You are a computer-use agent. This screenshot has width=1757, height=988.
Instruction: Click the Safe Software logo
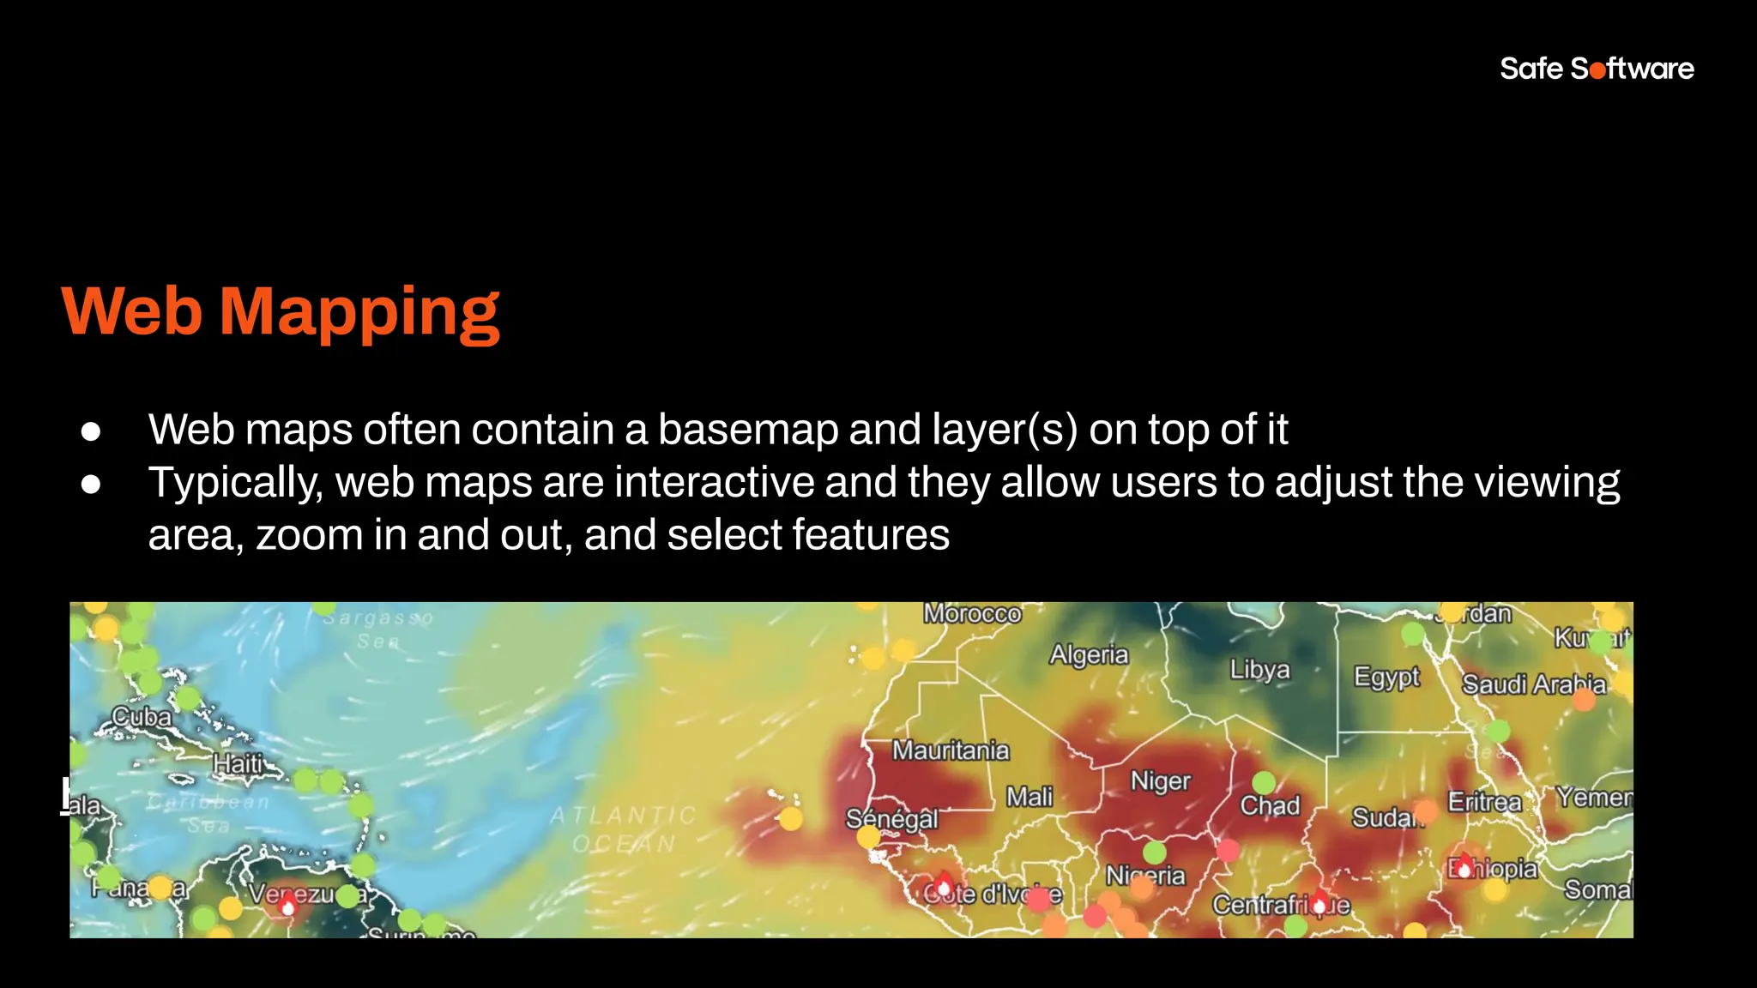(x=1597, y=69)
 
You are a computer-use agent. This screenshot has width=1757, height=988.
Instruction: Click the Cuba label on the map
(x=142, y=716)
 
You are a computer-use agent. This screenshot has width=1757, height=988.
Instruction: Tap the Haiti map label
(x=238, y=762)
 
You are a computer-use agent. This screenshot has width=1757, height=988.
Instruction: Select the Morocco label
(x=972, y=614)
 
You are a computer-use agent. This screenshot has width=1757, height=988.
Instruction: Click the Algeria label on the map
(x=1089, y=655)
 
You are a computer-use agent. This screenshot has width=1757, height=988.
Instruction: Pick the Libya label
(x=1259, y=669)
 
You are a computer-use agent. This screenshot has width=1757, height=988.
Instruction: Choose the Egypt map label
(x=1386, y=677)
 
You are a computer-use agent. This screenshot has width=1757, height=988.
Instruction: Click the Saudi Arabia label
(x=1533, y=684)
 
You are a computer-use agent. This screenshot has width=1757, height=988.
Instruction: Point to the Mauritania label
(x=951, y=750)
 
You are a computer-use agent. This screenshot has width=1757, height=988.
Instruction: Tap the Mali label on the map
(x=1029, y=797)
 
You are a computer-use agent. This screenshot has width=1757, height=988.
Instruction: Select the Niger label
(x=1160, y=781)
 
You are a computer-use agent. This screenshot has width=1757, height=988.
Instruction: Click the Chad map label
(x=1270, y=806)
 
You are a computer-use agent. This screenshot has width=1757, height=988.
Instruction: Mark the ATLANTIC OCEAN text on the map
(x=624, y=829)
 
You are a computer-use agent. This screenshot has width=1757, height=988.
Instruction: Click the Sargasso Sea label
(x=378, y=629)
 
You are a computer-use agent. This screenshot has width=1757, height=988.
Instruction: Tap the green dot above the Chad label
(x=1264, y=782)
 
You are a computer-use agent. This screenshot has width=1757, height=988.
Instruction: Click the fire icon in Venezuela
(x=288, y=904)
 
